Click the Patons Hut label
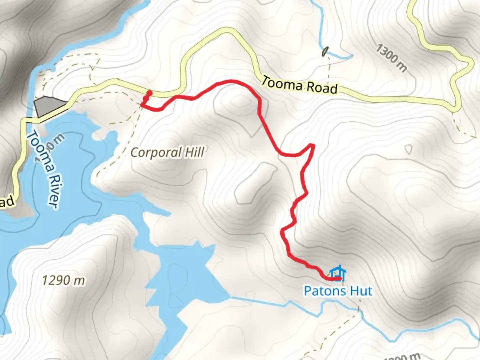338,291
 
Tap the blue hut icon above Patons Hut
338,273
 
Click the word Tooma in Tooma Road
282,83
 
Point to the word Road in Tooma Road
322,88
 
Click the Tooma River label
44,169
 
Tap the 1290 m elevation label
63,280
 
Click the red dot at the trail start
150,93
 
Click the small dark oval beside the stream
324,52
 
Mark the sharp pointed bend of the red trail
313,145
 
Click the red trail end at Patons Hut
339,278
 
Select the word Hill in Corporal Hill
194,152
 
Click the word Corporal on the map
156,153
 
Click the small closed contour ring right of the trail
409,149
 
